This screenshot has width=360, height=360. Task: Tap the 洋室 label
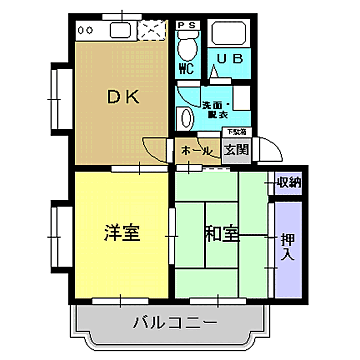coord(121,234)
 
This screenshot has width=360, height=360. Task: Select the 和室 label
coord(222,235)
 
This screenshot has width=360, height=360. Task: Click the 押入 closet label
coord(287,246)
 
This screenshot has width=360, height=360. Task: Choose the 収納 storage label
coord(288,182)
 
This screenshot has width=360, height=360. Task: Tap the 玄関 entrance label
coord(236,151)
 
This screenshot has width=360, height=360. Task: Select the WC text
coord(185,70)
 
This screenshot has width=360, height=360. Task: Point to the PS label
coord(185,24)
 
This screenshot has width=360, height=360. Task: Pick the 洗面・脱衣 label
coord(216,108)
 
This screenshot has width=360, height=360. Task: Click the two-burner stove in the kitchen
coord(88,29)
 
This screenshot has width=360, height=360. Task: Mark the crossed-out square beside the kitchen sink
coord(153,29)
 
